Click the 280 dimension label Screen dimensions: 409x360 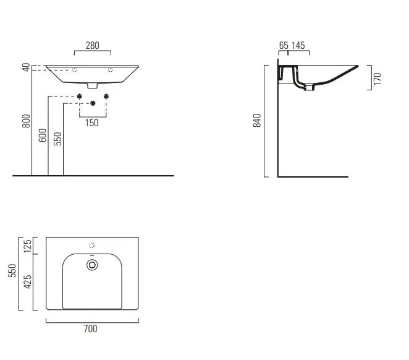[92, 45]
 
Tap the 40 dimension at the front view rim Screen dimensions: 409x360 [26, 67]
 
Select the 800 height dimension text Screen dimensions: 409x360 [26, 121]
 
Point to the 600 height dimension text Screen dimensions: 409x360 [42, 135]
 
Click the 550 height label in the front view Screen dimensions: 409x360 [57, 139]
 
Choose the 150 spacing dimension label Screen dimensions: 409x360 [92, 122]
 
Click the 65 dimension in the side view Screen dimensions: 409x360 [284, 45]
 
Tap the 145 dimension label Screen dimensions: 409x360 [298, 45]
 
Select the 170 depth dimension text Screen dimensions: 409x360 [377, 79]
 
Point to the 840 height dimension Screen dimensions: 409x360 [257, 121]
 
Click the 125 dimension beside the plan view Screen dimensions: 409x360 [27, 246]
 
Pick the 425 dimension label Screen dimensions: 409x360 [27, 281]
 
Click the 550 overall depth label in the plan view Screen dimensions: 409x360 [12, 270]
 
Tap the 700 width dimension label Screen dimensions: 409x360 [91, 328]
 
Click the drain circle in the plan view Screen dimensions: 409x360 [92, 265]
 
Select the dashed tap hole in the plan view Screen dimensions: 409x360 [92, 246]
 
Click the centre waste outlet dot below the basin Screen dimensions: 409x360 [93, 103]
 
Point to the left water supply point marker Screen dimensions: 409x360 [80, 96]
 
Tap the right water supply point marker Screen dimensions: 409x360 [106, 96]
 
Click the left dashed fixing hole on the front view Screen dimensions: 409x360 [74, 70]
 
